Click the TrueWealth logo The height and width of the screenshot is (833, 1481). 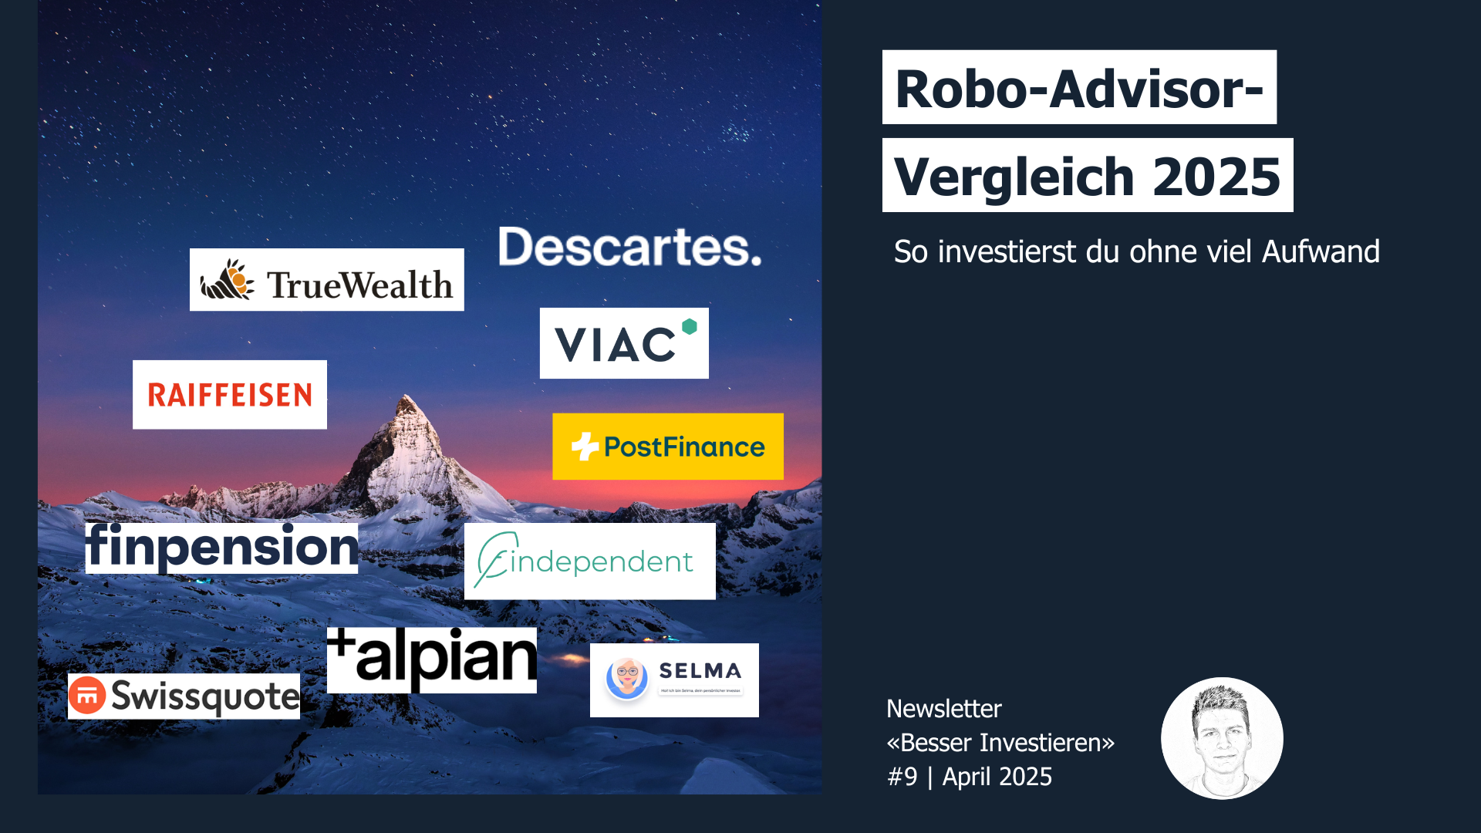click(326, 280)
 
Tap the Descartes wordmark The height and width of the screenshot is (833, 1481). click(629, 248)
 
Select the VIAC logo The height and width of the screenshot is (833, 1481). click(624, 343)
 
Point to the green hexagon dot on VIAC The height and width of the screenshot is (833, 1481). click(690, 326)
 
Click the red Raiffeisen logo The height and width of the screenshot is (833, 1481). click(230, 395)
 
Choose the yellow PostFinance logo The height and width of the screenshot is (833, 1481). click(668, 447)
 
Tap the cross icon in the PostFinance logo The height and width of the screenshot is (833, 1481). click(585, 447)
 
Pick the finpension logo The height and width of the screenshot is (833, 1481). click(221, 547)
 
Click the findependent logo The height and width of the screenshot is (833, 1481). click(589, 562)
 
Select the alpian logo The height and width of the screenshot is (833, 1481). click(431, 659)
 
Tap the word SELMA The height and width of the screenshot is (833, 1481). click(700, 671)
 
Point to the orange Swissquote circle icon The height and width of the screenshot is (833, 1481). click(87, 695)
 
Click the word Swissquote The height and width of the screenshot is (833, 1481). click(205, 696)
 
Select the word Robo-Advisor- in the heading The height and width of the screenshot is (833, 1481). click(1079, 89)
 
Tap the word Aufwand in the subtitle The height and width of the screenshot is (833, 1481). click(1321, 252)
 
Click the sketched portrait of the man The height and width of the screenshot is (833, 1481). click(1222, 738)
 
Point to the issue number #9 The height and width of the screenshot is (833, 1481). click(902, 777)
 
